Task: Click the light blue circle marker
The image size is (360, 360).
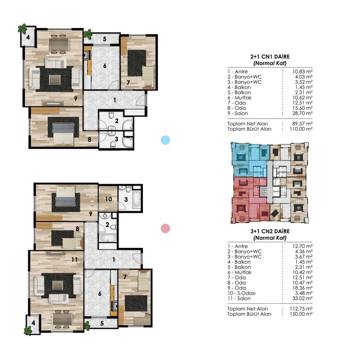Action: pos(165,140)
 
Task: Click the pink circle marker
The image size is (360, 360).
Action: pos(165,228)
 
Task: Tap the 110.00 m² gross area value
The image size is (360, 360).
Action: pos(301,129)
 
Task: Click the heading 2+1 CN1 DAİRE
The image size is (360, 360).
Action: pos(270,56)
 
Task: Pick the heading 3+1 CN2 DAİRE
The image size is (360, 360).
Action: pos(270,231)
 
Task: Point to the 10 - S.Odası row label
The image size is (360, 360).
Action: pos(241,293)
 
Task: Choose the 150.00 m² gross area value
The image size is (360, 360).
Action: pos(301,314)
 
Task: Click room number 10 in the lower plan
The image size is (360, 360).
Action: pos(108,199)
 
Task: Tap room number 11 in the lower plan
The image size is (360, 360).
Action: pos(75,259)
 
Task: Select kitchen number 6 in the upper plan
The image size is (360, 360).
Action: pos(105,66)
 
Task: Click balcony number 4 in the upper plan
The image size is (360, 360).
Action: pos(28,37)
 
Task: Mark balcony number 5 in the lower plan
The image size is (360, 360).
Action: pos(102,323)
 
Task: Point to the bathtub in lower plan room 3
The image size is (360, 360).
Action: pos(136,199)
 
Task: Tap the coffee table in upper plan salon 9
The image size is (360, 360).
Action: pos(55,80)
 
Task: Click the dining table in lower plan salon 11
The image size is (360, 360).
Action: pos(63,319)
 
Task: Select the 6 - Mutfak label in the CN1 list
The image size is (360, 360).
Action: pos(240,97)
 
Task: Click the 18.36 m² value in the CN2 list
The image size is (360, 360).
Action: pos(302,288)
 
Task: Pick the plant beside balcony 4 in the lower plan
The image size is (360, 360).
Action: pos(28,331)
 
